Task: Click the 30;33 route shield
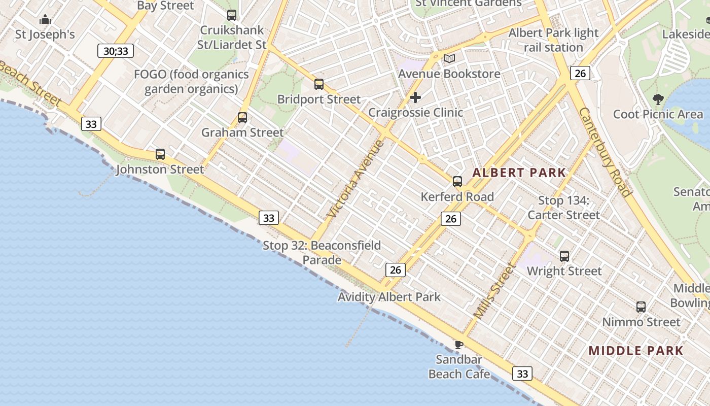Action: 116,51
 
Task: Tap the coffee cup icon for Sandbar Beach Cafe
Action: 458,345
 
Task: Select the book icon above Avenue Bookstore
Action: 449,59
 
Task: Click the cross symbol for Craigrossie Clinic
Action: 415,97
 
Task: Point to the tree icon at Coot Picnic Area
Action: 658,99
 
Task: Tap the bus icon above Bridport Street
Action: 319,84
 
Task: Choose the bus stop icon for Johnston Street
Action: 160,154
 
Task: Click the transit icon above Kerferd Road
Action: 457,182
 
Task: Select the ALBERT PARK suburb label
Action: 519,173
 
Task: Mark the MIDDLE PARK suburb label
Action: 636,351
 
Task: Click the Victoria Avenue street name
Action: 356,179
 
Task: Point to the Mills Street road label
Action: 494,291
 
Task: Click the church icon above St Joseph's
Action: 45,20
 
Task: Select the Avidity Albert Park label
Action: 389,297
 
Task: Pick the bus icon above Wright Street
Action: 564,256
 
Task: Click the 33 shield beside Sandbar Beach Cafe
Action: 522,374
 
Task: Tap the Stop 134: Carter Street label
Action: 563,208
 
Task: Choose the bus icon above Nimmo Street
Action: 641,307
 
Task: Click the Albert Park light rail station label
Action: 553,40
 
